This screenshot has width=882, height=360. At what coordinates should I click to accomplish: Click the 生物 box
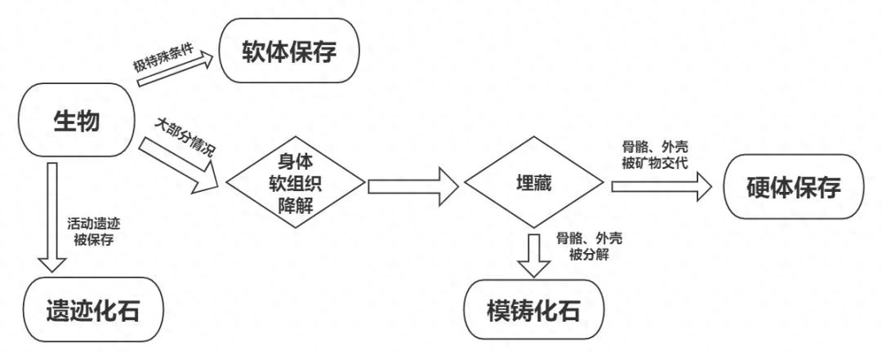click(77, 120)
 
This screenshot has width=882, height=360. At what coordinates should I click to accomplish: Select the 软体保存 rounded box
click(289, 51)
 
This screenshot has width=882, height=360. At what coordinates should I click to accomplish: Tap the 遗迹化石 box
click(93, 309)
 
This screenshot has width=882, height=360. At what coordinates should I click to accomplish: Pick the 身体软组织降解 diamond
click(296, 184)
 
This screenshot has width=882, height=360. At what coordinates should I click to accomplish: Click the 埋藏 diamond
click(534, 184)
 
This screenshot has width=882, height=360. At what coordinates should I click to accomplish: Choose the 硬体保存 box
click(794, 186)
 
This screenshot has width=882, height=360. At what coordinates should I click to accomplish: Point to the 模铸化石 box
click(533, 309)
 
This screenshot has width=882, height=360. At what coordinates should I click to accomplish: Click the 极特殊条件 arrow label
click(163, 58)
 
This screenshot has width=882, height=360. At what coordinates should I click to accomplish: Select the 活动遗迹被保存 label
click(93, 232)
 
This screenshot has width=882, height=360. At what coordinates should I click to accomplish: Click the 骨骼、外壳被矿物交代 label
click(655, 154)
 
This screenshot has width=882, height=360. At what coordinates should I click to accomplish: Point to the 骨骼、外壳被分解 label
click(589, 246)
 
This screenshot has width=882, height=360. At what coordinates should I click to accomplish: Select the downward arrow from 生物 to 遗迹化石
click(52, 217)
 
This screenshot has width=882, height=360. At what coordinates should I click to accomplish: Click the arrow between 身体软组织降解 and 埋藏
click(413, 186)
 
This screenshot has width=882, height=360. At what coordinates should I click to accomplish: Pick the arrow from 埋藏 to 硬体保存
click(662, 186)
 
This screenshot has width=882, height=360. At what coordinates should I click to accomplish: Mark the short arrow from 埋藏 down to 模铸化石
click(533, 254)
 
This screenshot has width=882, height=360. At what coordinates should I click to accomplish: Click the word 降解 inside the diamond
click(296, 206)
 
